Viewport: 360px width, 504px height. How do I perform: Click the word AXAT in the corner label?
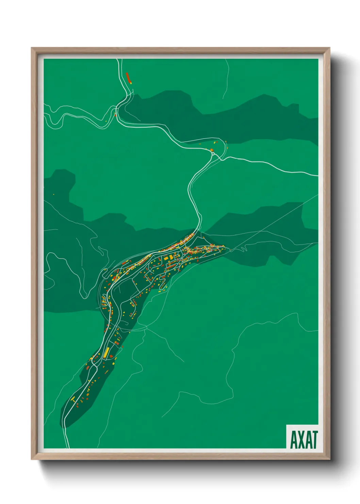tap(304, 439)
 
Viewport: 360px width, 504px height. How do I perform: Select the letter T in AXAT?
tap(314, 439)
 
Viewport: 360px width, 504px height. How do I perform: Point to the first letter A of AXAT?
tap(293, 439)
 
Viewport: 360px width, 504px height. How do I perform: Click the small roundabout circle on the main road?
tap(213, 154)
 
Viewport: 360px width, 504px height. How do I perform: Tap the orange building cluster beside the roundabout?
tap(211, 149)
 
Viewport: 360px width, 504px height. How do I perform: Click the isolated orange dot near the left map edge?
tap(53, 194)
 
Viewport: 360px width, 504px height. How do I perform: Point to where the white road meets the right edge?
tap(317, 176)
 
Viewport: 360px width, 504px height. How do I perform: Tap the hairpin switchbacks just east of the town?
tap(243, 248)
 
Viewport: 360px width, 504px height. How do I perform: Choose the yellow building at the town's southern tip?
tap(72, 399)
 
